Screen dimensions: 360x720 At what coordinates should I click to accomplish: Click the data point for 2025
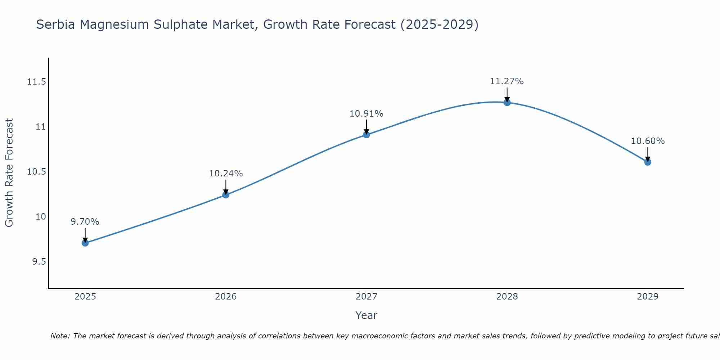click(85, 243)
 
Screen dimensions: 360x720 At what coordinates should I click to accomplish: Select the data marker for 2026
click(226, 195)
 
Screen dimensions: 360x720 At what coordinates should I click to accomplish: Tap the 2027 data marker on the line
click(366, 135)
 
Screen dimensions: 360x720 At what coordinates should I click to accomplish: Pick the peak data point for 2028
click(507, 103)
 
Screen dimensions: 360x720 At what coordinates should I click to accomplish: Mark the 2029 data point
click(648, 162)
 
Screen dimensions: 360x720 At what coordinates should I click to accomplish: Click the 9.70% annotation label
click(85, 222)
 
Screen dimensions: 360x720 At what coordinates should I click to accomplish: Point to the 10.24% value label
click(226, 174)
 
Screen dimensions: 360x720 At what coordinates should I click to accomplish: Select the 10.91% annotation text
click(366, 114)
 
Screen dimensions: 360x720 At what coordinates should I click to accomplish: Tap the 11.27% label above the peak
click(507, 81)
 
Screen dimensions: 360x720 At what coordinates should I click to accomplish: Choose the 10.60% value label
click(648, 141)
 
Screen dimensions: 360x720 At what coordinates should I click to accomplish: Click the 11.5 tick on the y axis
click(36, 82)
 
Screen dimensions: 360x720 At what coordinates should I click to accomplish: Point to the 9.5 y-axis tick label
click(39, 261)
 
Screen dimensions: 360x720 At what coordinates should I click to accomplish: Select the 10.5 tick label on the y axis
click(36, 172)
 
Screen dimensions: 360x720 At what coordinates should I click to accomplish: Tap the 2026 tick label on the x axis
click(226, 297)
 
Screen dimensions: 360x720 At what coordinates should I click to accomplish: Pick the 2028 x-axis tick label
click(507, 297)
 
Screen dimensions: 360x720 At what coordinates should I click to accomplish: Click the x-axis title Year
click(366, 315)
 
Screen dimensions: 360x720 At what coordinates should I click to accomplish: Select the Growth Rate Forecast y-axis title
click(9, 173)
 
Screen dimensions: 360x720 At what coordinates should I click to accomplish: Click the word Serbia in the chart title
click(56, 25)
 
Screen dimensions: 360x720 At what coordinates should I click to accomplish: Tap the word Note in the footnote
click(60, 336)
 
